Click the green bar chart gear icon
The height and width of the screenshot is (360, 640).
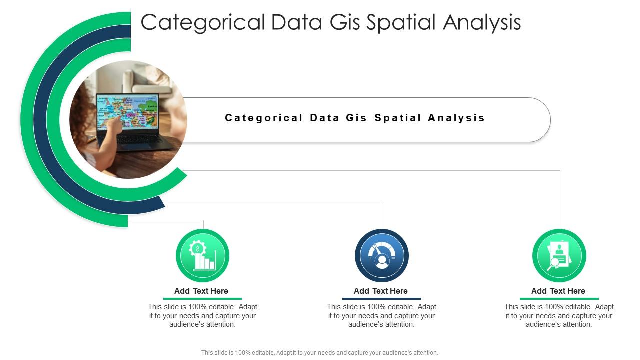202,255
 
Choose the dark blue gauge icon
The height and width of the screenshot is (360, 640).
382,255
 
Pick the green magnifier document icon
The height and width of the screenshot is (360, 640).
559,255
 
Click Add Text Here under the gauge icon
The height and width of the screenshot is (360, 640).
381,291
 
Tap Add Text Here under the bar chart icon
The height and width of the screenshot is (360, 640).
201,291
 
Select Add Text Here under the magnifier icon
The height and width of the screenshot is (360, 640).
558,291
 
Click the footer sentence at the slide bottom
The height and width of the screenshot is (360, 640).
320,352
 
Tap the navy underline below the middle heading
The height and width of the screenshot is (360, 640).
382,299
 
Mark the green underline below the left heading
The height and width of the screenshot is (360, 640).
202,299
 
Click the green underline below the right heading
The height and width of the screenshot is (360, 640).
559,299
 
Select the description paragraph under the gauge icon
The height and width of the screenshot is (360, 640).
382,316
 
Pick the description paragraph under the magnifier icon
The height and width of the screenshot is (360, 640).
559,316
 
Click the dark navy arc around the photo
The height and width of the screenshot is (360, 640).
40,120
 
